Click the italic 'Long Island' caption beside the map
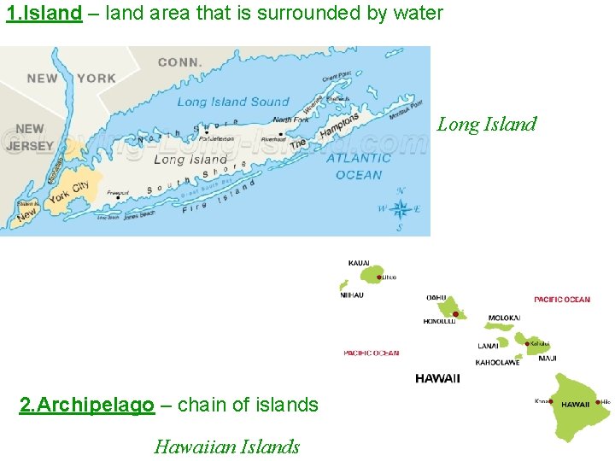(487, 125)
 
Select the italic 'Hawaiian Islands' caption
(226, 446)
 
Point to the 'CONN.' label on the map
(179, 62)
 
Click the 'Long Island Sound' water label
(233, 102)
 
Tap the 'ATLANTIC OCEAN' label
(359, 166)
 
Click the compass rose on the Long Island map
(400, 209)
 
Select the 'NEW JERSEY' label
(29, 137)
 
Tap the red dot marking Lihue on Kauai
(378, 277)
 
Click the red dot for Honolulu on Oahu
(454, 314)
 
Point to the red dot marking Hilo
(599, 401)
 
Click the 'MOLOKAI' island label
(504, 318)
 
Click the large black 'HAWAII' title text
(437, 378)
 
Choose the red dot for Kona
(552, 401)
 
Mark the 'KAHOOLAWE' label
(497, 363)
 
